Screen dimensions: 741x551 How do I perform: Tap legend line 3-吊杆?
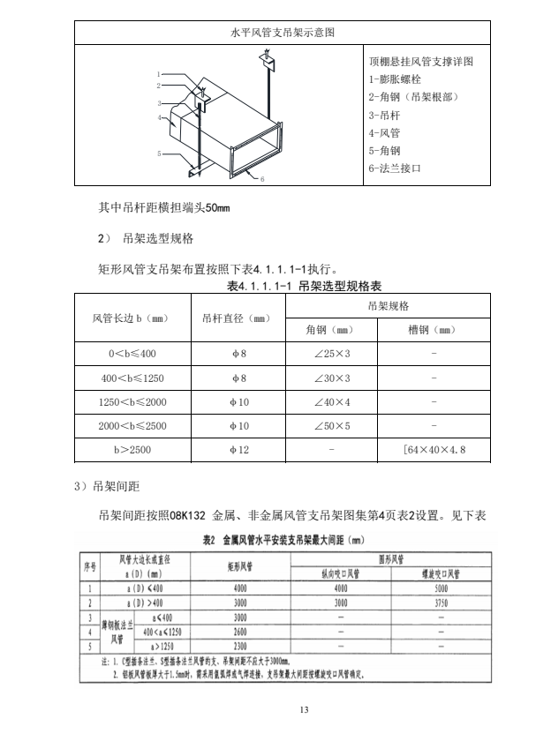tap(385, 115)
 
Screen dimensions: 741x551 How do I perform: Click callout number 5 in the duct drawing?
tap(160, 153)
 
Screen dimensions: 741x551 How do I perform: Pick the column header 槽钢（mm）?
tap(433, 330)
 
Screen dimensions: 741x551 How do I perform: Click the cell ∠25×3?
tap(332, 354)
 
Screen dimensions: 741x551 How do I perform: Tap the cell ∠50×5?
tap(332, 425)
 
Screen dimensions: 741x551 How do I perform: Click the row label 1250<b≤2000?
tap(132, 401)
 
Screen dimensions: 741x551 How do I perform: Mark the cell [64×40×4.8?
tap(434, 450)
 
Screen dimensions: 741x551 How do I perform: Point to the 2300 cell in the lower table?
tap(239, 646)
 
